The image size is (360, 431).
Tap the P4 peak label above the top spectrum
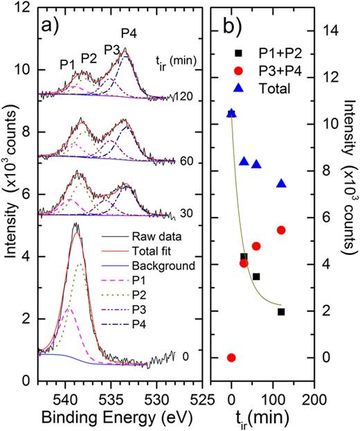[129, 33]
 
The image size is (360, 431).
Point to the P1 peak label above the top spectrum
[67, 64]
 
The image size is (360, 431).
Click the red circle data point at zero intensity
[231, 358]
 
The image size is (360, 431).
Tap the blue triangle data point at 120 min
[281, 184]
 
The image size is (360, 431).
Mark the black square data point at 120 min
[281, 312]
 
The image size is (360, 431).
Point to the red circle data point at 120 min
[281, 230]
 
